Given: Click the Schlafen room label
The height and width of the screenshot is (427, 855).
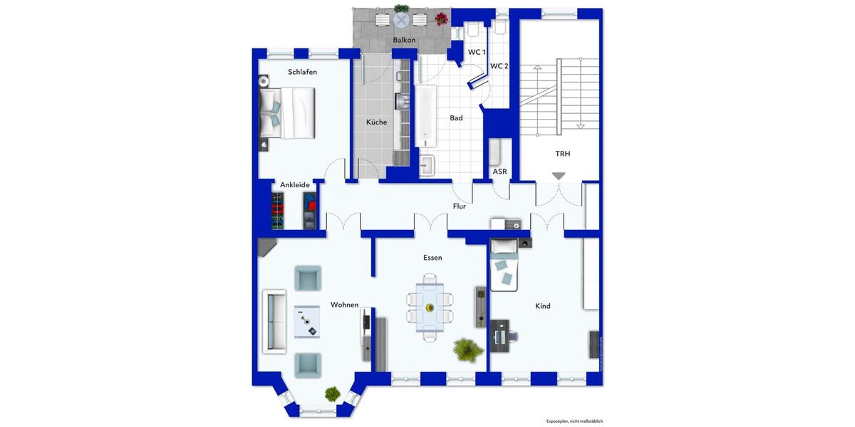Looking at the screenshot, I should [x=302, y=72].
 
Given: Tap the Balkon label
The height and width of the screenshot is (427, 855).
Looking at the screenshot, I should [x=404, y=41].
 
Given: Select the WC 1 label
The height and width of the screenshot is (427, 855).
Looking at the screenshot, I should [x=477, y=52].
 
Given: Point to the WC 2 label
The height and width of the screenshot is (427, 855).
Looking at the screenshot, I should [x=499, y=66].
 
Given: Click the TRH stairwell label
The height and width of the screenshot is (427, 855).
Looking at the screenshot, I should [x=563, y=154].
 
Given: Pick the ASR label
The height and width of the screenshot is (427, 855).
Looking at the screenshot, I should [x=499, y=172].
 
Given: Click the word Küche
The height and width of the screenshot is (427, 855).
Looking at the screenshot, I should [x=377, y=122].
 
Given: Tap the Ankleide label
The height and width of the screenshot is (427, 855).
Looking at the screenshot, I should [x=295, y=185].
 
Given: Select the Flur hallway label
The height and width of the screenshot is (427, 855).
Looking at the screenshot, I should [x=460, y=206].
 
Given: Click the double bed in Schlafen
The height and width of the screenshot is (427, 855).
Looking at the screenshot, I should [x=288, y=112].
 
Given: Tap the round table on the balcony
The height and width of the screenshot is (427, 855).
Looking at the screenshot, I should [x=402, y=19].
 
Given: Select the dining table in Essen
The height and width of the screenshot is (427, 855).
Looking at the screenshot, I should [x=430, y=307].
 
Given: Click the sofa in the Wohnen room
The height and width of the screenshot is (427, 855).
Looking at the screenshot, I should [x=274, y=321].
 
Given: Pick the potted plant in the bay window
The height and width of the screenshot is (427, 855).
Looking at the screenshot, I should [x=332, y=393].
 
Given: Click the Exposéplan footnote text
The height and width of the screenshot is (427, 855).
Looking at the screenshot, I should [x=574, y=421].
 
